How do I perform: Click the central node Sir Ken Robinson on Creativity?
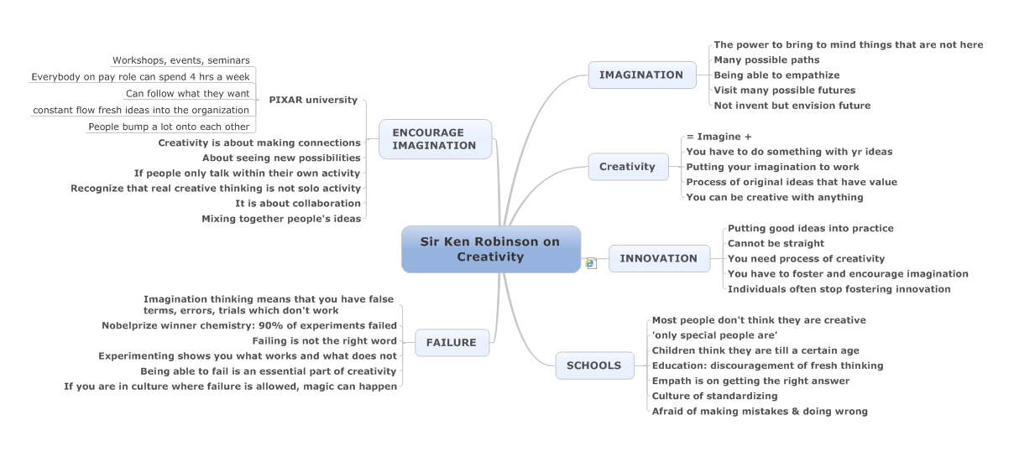tap(491, 249)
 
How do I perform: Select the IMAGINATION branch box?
tap(642, 75)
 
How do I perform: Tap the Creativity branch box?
tap(628, 167)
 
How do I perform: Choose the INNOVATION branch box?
tap(659, 258)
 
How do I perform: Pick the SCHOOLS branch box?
tap(594, 365)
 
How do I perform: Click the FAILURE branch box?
tap(452, 343)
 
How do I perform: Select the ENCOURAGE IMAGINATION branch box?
tap(435, 139)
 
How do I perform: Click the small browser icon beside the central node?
tap(590, 263)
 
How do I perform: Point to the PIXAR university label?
tap(313, 100)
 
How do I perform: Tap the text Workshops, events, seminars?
tap(181, 60)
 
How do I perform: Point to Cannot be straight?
tap(776, 243)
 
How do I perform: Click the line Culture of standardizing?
tap(715, 396)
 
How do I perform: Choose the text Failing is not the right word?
tap(324, 341)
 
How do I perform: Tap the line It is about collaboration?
tap(298, 204)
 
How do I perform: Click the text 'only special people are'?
tap(715, 335)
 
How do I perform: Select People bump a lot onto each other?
tap(169, 127)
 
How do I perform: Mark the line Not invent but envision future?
tap(792, 106)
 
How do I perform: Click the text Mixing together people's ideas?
tap(281, 219)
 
